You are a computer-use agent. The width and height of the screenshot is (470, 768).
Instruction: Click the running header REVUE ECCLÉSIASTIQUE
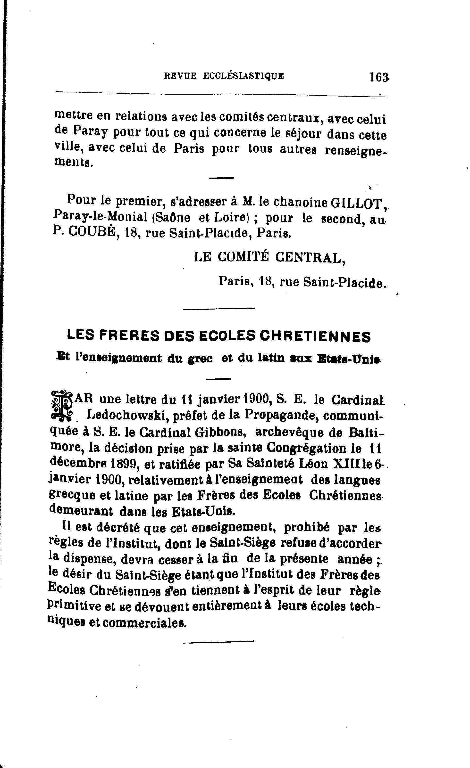(224, 76)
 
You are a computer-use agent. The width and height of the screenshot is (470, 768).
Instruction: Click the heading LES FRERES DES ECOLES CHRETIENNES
(219, 337)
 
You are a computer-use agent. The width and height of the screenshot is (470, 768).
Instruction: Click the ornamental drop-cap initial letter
(61, 404)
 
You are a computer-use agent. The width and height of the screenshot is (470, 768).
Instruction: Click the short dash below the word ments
(221, 178)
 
